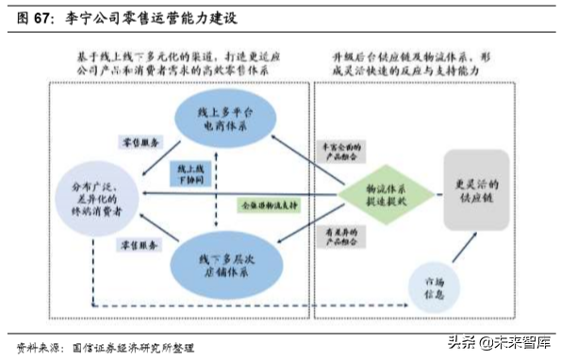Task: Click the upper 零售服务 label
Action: (x=142, y=140)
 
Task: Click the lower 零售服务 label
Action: (x=141, y=245)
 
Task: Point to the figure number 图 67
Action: (x=34, y=17)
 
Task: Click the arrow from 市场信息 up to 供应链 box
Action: (x=461, y=252)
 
